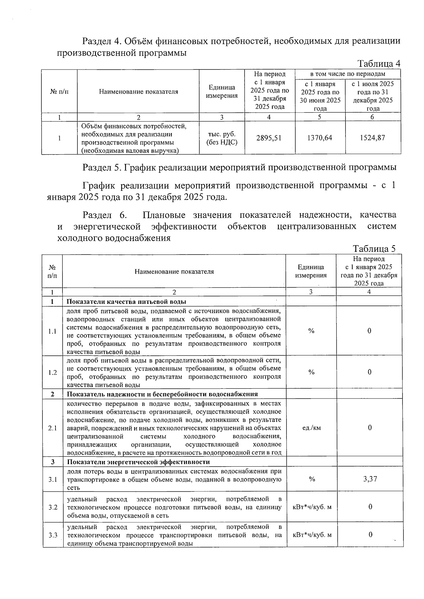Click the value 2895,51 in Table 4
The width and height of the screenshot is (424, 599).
[269, 138]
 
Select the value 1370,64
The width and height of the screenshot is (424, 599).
[319, 138]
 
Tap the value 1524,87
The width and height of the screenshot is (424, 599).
[372, 138]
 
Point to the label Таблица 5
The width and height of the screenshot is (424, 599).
[374, 249]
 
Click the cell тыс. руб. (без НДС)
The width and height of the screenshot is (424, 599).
[222, 138]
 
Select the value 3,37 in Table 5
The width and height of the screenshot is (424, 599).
[370, 479]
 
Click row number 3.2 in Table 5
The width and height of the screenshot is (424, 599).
[53, 507]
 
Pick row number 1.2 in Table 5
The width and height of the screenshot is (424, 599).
[53, 372]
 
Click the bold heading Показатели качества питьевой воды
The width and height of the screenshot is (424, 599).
[126, 301]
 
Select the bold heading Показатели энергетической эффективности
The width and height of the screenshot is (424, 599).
[139, 462]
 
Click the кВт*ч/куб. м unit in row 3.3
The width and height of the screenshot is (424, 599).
[312, 535]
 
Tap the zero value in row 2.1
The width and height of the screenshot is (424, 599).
[370, 428]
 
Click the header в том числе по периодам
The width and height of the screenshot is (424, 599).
[348, 74]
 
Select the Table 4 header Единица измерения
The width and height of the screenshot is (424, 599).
[222, 91]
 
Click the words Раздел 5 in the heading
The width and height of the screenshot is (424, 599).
[102, 167]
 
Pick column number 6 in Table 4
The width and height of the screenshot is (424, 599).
[372, 117]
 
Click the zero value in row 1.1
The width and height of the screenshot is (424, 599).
[369, 331]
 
